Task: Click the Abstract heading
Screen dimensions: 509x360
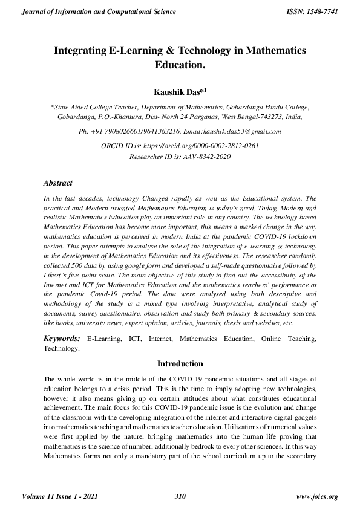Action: tap(58, 183)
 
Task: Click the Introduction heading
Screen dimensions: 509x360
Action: tap(180, 364)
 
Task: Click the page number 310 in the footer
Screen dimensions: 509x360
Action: tap(179, 496)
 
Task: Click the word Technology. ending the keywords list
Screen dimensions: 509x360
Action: tap(61, 348)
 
